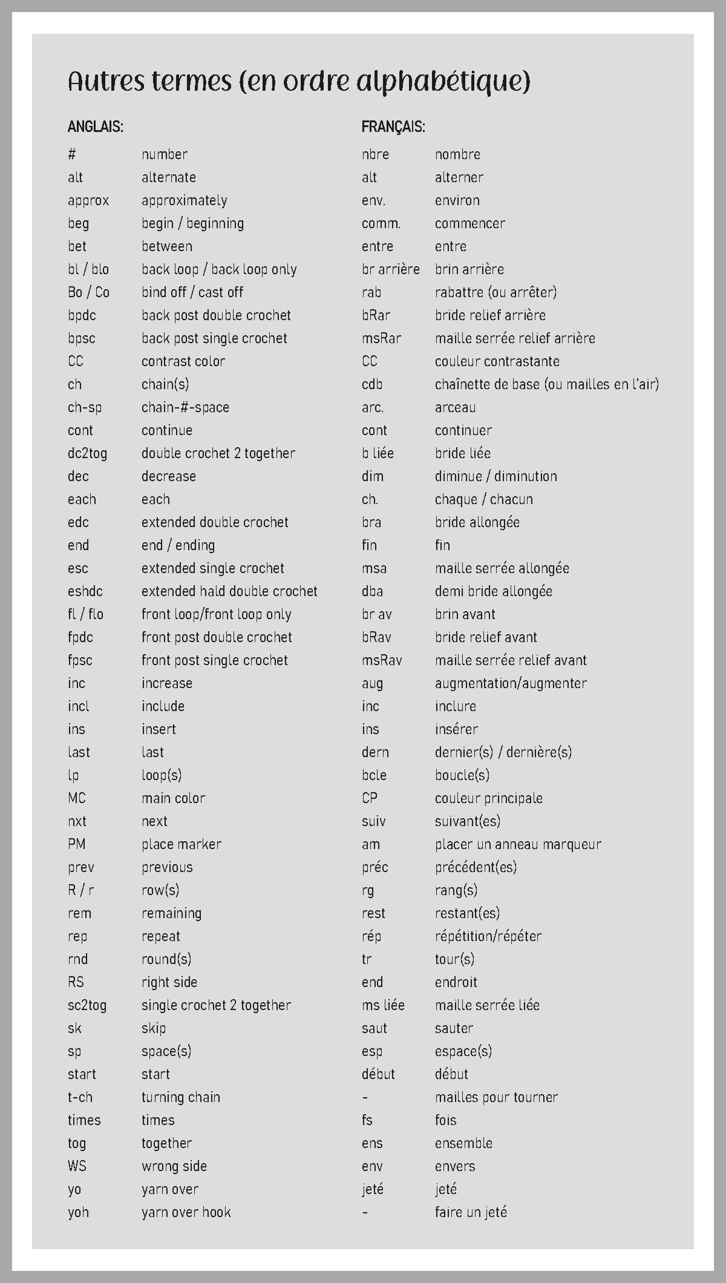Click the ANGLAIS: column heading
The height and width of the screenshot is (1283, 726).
[x=96, y=127]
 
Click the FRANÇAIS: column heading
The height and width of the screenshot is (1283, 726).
[x=393, y=127]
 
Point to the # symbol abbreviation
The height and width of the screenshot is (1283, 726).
[x=72, y=154]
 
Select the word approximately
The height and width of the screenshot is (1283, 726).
[x=185, y=200]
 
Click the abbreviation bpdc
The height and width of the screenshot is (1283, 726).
[x=82, y=315]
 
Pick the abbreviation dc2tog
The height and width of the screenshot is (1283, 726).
[x=87, y=453]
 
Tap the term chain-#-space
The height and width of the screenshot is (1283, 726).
[x=185, y=407]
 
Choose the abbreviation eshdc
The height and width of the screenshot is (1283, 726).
[x=85, y=591]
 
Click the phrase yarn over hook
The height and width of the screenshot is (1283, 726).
[x=186, y=1212]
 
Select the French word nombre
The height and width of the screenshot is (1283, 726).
[x=457, y=154]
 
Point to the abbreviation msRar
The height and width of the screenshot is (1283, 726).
[x=381, y=338]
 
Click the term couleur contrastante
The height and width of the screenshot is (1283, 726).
[x=497, y=361]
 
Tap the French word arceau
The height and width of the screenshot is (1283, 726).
[x=455, y=407]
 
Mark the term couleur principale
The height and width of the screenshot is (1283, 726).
[x=488, y=798]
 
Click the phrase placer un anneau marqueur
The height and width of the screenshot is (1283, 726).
[x=518, y=844]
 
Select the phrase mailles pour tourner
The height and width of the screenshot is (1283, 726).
[x=496, y=1097]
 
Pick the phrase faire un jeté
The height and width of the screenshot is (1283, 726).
[x=471, y=1212]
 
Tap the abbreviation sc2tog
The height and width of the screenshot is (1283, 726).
[x=87, y=1005]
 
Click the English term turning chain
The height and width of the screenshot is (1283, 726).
[x=180, y=1097]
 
